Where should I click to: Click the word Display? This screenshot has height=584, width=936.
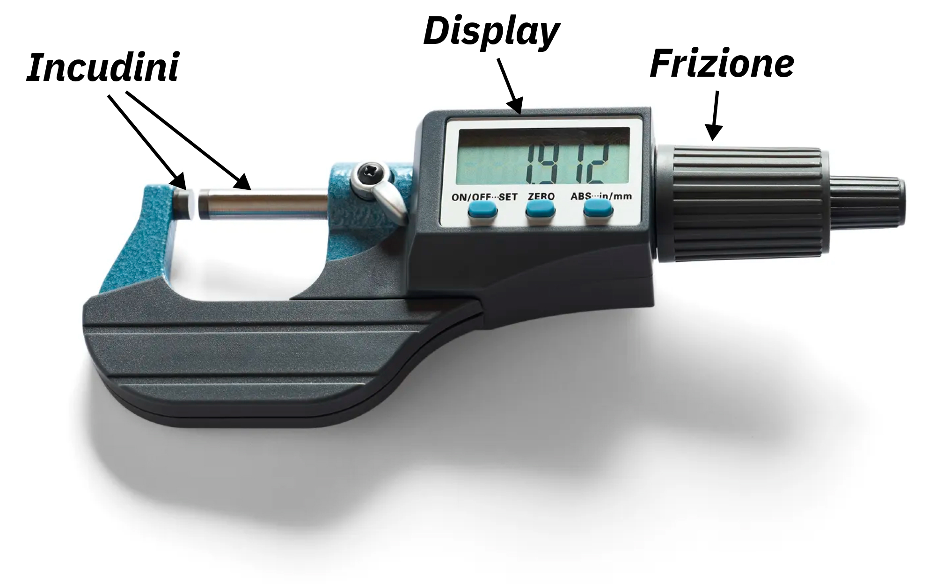(491, 32)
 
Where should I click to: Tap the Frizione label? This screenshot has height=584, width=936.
(722, 64)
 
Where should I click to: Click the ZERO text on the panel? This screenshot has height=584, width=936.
(541, 196)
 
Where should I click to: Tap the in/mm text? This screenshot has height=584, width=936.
(614, 196)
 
